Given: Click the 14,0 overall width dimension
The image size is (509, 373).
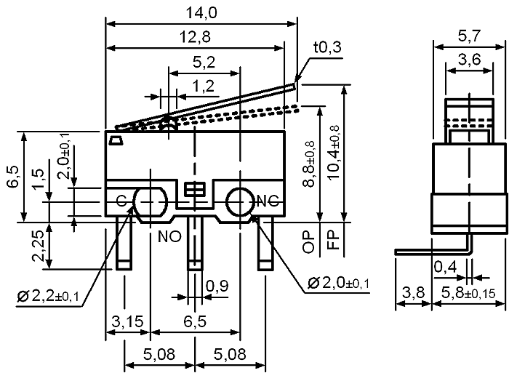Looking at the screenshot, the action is [201, 13].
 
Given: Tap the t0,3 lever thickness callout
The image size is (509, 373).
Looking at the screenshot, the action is [327, 47].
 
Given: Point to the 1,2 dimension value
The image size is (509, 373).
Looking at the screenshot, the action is [203, 87].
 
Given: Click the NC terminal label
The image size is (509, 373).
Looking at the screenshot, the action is [268, 201].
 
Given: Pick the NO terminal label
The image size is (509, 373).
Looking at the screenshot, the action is [169, 237].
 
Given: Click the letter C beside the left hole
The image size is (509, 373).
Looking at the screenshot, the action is [121, 201].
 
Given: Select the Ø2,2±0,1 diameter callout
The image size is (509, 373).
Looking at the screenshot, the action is [49, 296].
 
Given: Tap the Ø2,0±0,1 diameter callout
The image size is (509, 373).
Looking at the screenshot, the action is [338, 284].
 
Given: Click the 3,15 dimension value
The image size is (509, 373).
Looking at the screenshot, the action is [127, 321].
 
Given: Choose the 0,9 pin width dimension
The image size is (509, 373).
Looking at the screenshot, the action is [217, 286].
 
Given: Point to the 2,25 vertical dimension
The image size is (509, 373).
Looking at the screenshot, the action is [39, 246].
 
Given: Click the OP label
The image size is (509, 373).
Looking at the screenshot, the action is [308, 242].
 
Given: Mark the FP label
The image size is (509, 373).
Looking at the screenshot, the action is [333, 240].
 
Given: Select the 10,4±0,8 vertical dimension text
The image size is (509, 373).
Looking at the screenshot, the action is [333, 152].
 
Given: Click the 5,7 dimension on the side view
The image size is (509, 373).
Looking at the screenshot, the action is [469, 36].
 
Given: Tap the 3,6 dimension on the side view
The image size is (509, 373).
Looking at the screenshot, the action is [470, 60].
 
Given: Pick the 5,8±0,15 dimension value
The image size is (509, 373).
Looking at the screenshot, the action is [468, 293].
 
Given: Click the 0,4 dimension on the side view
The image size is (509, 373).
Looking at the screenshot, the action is [445, 268].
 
